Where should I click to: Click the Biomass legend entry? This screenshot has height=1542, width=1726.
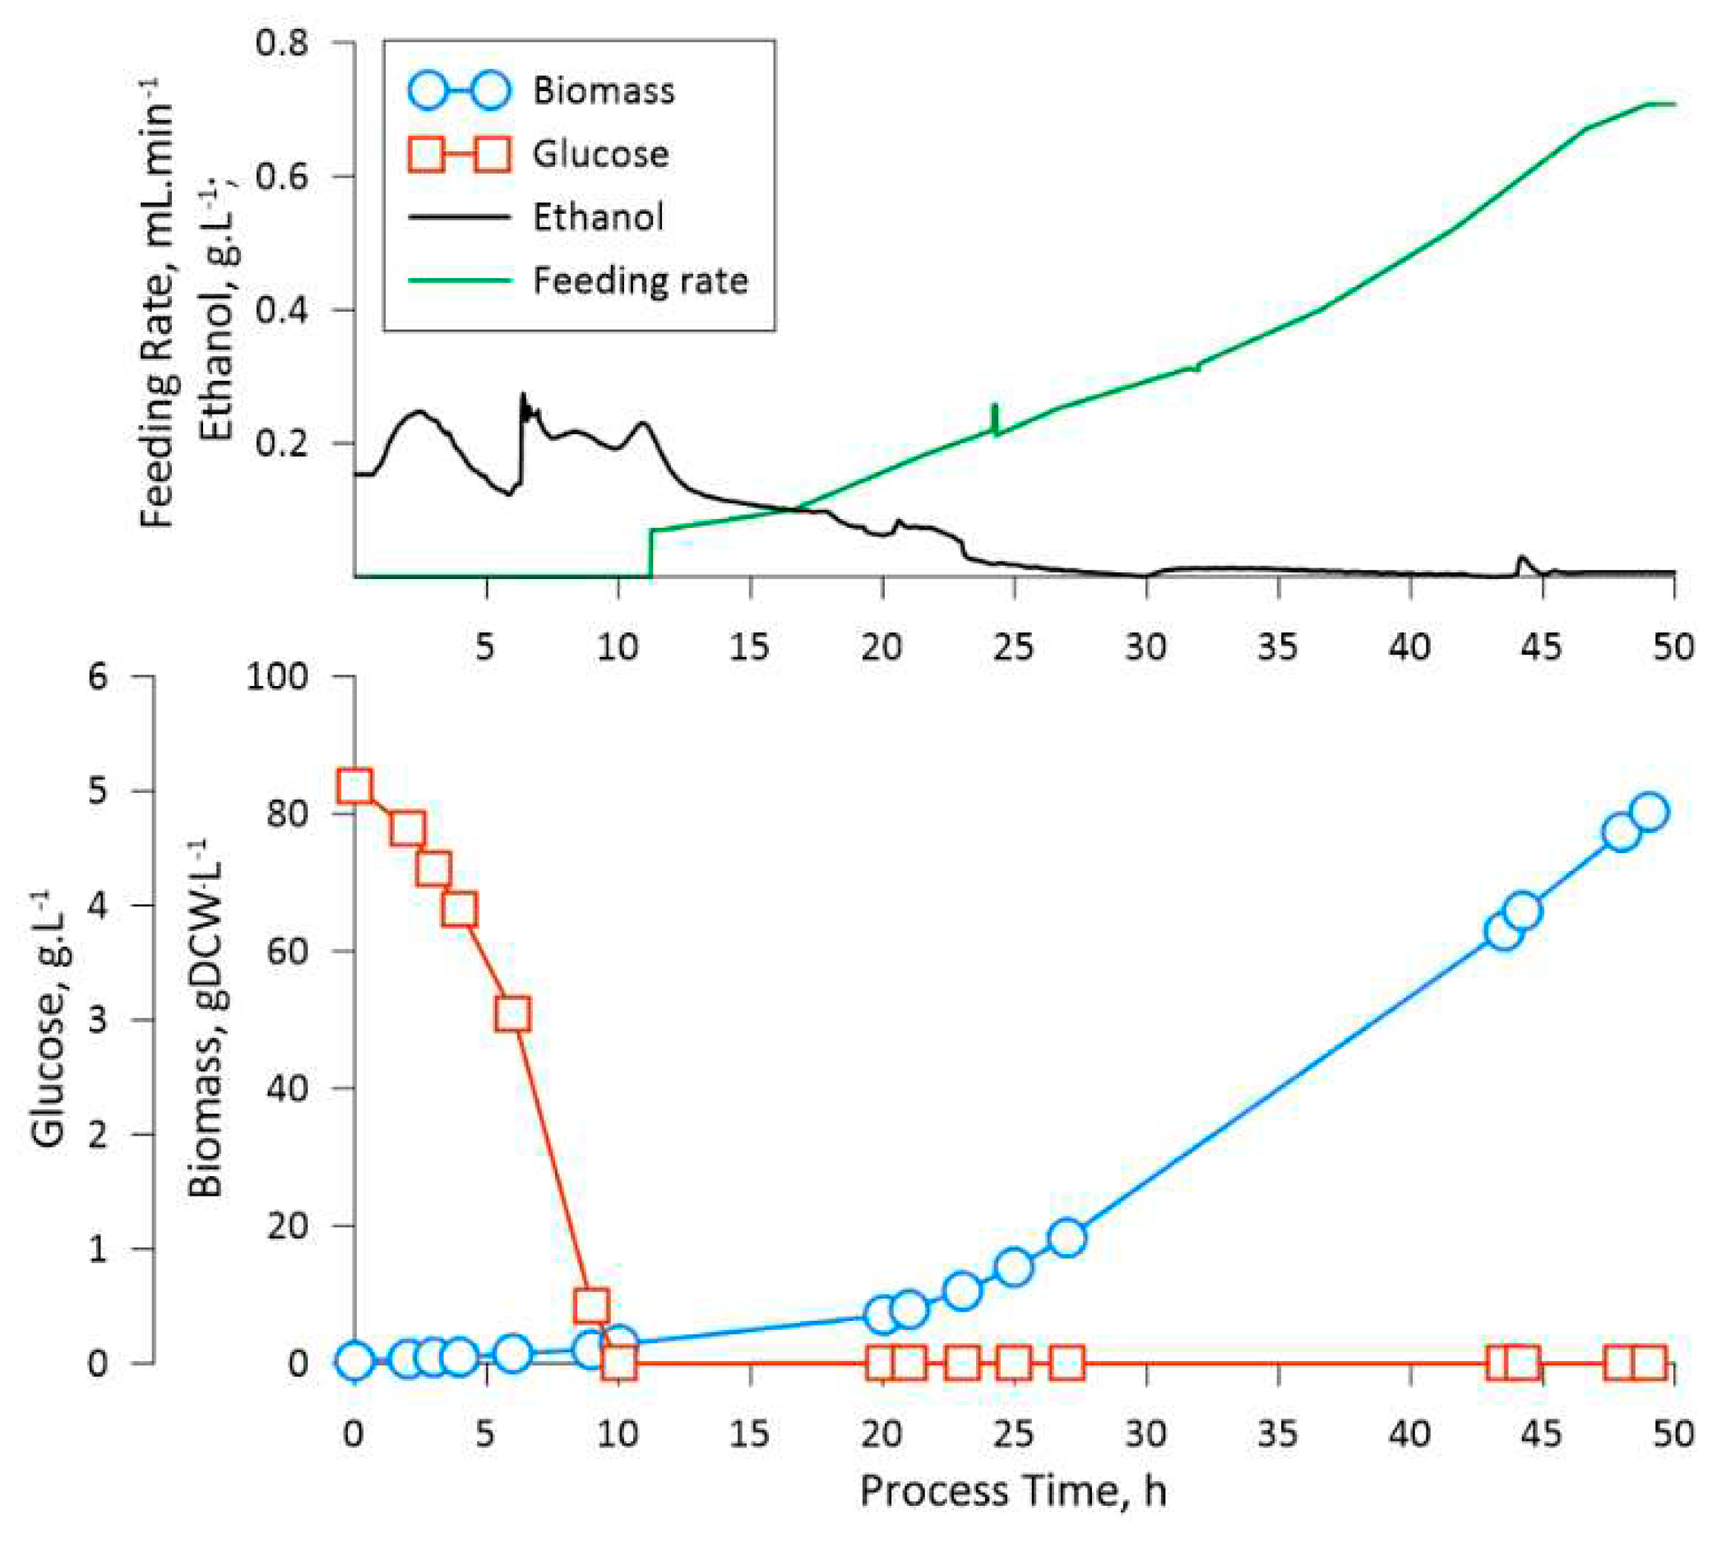[603, 90]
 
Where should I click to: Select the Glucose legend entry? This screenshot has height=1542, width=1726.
[599, 155]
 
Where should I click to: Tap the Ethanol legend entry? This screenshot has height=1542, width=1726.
[597, 218]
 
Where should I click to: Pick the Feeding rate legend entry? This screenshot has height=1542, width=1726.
[640, 280]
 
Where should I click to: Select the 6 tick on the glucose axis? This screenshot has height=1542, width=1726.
[99, 677]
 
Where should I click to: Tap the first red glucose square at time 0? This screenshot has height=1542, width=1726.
[354, 786]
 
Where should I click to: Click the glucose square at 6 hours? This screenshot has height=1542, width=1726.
[512, 1013]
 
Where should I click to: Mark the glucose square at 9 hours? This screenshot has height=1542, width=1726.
[591, 1307]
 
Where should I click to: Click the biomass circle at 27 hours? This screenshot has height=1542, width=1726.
[1067, 1239]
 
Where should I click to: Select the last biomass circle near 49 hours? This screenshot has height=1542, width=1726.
[1649, 812]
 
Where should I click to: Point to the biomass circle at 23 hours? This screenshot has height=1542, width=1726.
[962, 1291]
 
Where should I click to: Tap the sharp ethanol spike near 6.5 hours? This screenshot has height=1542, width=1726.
[523, 396]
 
